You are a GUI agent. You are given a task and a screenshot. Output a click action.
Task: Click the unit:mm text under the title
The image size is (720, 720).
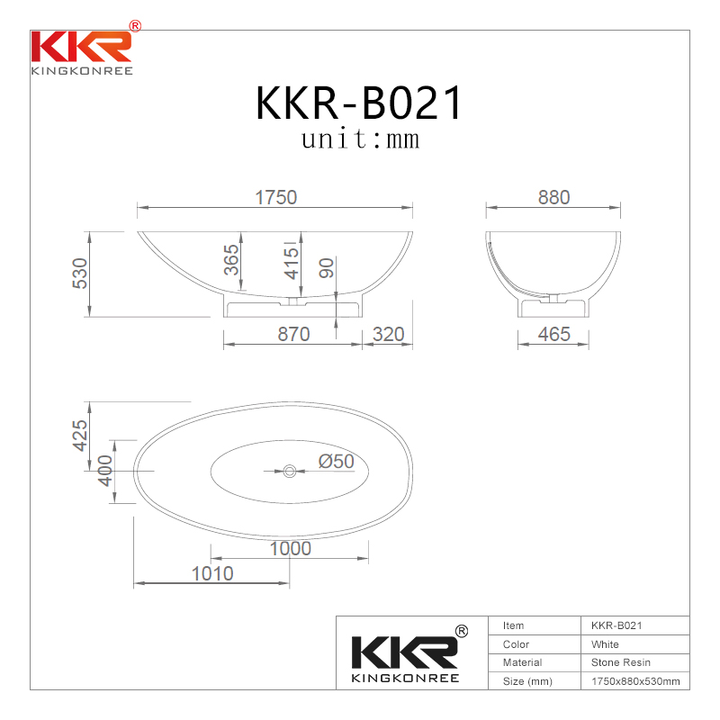click(x=360, y=140)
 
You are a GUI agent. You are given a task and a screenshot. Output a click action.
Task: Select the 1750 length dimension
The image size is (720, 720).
click(x=275, y=197)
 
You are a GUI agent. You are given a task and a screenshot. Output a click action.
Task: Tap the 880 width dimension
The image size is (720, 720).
click(x=553, y=197)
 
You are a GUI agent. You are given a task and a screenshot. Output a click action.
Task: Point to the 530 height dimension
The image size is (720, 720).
click(x=79, y=274)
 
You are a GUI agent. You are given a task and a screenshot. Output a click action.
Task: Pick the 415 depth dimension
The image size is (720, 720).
click(x=291, y=262)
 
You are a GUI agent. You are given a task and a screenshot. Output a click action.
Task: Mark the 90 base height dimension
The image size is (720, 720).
click(x=326, y=267)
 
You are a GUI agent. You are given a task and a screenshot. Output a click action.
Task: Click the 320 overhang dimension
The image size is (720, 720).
click(x=388, y=335)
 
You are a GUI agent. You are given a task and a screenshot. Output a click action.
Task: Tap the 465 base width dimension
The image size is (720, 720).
click(x=553, y=335)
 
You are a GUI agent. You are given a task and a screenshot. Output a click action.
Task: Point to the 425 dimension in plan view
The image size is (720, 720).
click(x=79, y=436)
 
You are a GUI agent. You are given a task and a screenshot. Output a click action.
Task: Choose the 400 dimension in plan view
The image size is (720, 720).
click(x=104, y=469)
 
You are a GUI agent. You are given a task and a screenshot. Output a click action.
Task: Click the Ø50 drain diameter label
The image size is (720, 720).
click(x=336, y=462)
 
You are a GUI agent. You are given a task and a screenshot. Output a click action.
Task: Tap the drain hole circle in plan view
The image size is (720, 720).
click(x=289, y=470)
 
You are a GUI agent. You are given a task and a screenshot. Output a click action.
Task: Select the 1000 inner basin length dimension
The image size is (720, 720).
click(x=289, y=548)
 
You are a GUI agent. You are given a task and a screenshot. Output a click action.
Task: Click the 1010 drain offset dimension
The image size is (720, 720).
click(x=211, y=573)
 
